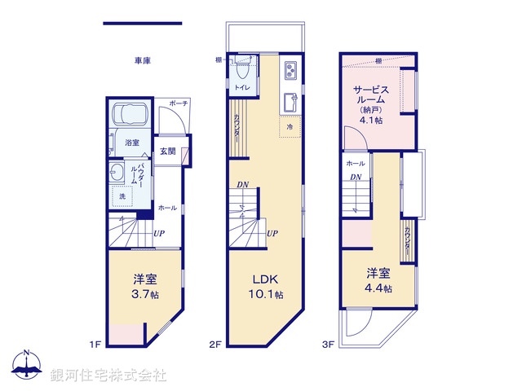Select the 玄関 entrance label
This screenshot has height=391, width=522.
coord(167,152)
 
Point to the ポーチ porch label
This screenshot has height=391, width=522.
coord(178,104)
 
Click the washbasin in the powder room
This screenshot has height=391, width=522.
coord(119,172)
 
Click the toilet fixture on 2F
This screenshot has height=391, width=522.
coord(241,64)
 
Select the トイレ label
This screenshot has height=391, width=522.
coord(241,86)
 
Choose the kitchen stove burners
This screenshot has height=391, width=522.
coord(290,72)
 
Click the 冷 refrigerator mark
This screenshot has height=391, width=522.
coord(290,127)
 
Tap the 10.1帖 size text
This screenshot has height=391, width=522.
coord(268,294)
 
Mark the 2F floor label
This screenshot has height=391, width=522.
coord(215,345)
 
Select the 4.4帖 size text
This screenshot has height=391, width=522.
coord(378,288)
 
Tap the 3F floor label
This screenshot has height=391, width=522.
coord(328,345)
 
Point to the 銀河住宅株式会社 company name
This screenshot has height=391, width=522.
coord(108,376)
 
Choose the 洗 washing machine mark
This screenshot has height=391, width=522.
coord(122,196)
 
